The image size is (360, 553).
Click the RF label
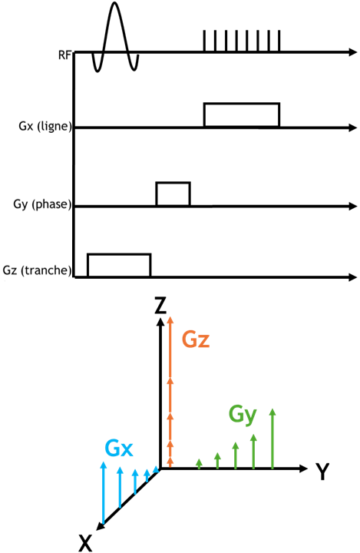click(65, 55)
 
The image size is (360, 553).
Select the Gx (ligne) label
click(45, 126)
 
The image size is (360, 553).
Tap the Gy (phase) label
click(42, 204)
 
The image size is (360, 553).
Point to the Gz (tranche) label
click(37, 270)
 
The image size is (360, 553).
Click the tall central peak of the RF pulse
click(114, 3)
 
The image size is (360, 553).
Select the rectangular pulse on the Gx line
click(242, 104)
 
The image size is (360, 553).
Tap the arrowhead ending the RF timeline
click(353, 52)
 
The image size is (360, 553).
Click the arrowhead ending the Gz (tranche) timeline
click(353, 277)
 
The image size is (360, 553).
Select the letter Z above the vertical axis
click(160, 305)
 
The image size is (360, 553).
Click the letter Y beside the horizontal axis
click(322, 472)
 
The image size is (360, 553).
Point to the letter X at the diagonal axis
click(86, 543)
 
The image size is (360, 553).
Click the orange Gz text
click(196, 339)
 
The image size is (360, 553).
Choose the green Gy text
click(243, 415)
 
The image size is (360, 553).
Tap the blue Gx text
click(119, 449)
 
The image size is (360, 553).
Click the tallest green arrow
click(272, 439)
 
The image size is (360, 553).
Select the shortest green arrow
click(200, 464)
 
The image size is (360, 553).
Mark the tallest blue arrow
click(104, 492)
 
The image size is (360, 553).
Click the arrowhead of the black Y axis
click(303, 469)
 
